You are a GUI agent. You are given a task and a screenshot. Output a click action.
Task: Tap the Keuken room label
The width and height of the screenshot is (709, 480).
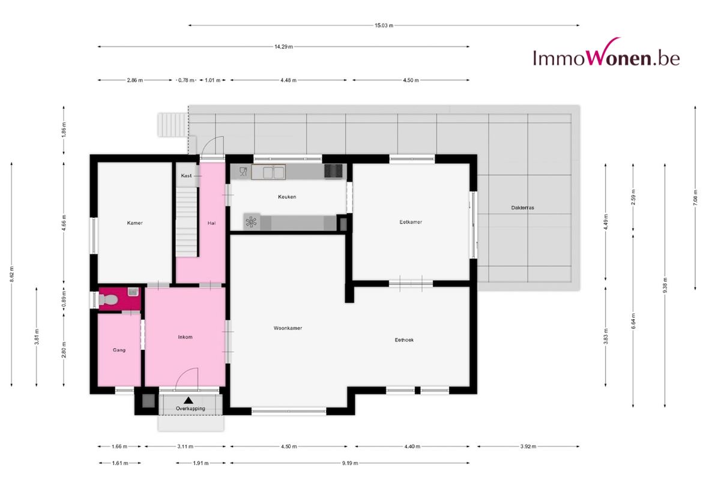coord(287,197)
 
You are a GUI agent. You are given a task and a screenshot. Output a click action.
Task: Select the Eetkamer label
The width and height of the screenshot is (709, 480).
coord(411,222)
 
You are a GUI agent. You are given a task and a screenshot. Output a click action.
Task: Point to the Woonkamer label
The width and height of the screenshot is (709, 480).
coord(288,328)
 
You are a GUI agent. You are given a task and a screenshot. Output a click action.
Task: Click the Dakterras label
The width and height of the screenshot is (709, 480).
coord(523,208)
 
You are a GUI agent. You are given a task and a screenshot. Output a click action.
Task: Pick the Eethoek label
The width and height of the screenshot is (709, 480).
coord(404,340)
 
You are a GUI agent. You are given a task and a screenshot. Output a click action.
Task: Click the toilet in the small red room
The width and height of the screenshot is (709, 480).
coord(107,299)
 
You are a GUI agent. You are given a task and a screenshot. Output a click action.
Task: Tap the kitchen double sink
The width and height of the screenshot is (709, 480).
coord(268,172)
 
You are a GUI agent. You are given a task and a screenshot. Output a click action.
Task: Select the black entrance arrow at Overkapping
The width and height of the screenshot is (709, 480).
coord(189,400)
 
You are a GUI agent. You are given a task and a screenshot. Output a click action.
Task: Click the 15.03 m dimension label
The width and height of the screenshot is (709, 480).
coord(384,25)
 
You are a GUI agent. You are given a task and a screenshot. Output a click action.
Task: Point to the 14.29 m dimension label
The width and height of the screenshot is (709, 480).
coord(283,47)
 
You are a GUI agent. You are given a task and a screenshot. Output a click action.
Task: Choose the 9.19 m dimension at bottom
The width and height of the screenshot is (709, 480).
coord(350,463)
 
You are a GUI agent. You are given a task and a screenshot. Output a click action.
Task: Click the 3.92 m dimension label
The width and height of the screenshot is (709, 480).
coord(528,446)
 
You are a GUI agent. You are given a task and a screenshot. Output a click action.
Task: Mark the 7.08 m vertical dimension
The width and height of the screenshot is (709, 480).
coord(695,197)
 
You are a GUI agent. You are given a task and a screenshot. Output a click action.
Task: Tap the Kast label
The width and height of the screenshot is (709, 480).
coord(186,175)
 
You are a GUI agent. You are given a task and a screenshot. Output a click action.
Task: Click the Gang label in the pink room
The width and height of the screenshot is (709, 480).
coord(119,350)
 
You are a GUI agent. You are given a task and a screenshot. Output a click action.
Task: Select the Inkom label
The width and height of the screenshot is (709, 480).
coord(185,337)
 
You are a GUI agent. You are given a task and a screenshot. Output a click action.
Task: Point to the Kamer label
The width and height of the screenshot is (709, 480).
coord(134,223)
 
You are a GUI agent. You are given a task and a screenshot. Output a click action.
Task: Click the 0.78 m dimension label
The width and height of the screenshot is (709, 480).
coord(186,80)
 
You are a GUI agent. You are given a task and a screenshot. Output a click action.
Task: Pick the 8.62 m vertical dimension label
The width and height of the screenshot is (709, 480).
coord(12,274)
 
